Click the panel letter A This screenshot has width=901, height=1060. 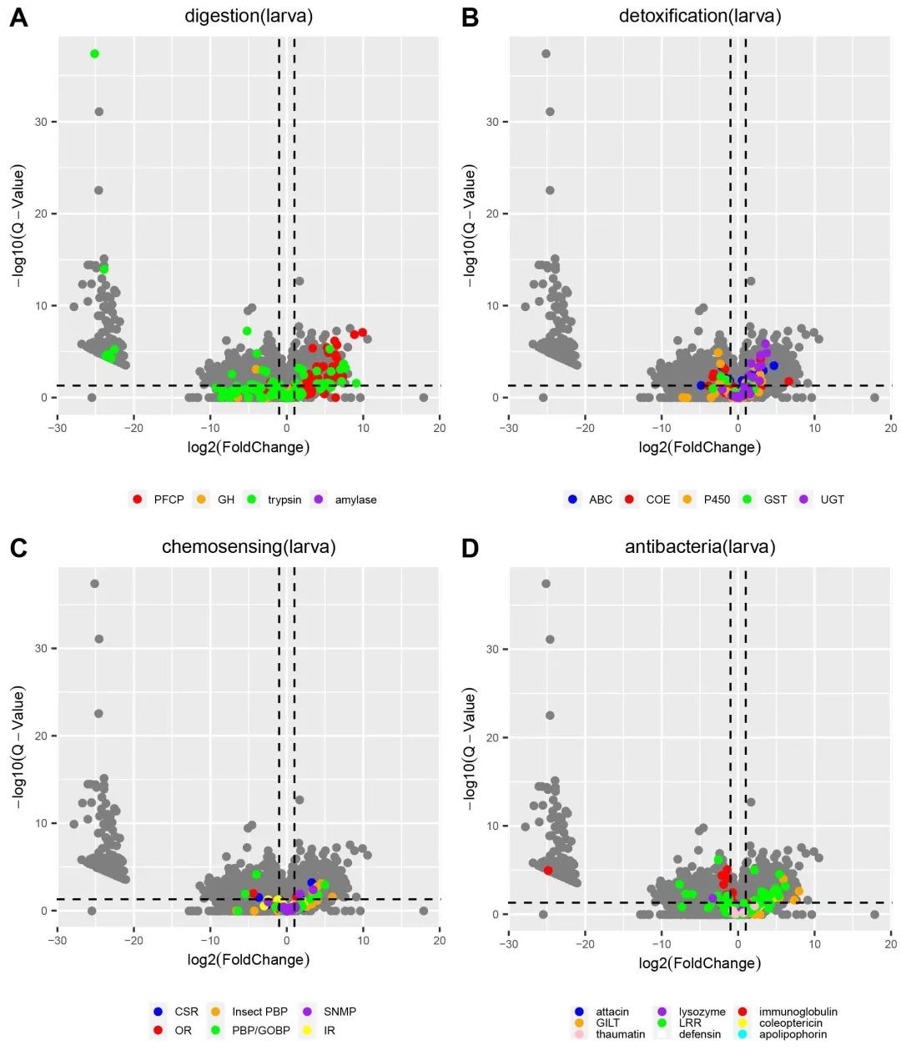[x=18, y=18]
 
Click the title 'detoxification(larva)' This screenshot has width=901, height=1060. [x=700, y=16]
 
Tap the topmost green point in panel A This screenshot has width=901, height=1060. [x=94, y=53]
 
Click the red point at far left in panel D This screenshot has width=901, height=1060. [x=548, y=870]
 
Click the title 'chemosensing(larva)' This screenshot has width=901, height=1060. [x=249, y=547]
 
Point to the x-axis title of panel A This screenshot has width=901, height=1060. [x=249, y=447]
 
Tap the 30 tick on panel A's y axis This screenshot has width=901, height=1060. [x=41, y=122]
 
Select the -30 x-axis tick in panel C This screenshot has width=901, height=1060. [x=57, y=941]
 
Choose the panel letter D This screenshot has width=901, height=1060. [x=470, y=548]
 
